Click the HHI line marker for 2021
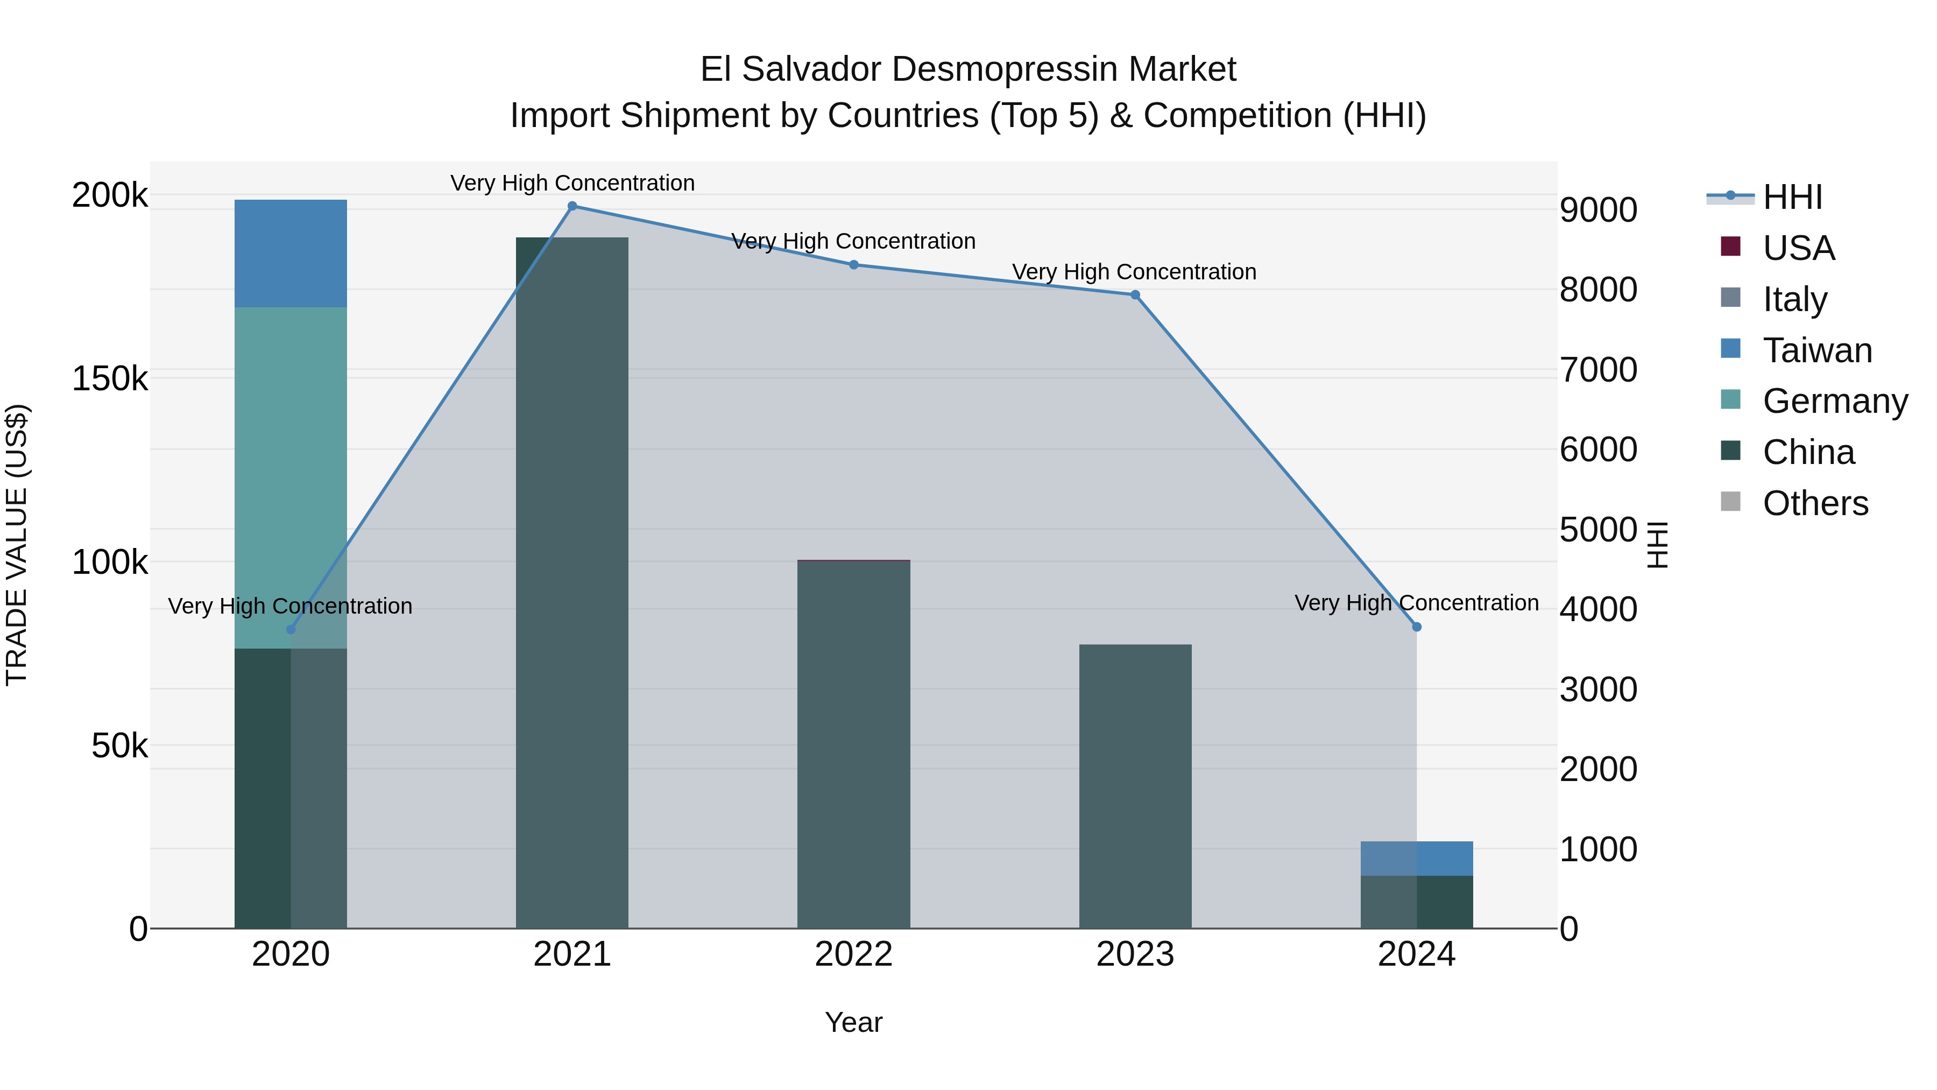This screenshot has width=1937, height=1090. tap(572, 206)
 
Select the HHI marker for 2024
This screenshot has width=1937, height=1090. tap(1417, 627)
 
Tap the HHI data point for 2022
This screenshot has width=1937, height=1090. tap(853, 265)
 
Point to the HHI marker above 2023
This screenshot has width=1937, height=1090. tap(1135, 295)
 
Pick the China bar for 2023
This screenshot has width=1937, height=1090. tap(1135, 786)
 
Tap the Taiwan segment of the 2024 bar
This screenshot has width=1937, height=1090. tap(1417, 859)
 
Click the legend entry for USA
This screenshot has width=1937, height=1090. tap(1798, 248)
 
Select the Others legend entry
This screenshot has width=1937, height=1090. tap(1814, 503)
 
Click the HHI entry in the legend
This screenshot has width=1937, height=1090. tap(1792, 197)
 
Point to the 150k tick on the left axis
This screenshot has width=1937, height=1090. tap(110, 378)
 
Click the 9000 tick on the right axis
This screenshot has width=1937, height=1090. tap(1598, 210)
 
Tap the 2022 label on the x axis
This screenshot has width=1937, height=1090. tap(853, 954)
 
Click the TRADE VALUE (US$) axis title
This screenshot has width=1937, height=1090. tap(17, 545)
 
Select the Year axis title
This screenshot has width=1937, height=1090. tap(853, 1022)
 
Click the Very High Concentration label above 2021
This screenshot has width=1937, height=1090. tap(572, 183)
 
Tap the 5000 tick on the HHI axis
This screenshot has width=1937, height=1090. tap(1598, 530)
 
